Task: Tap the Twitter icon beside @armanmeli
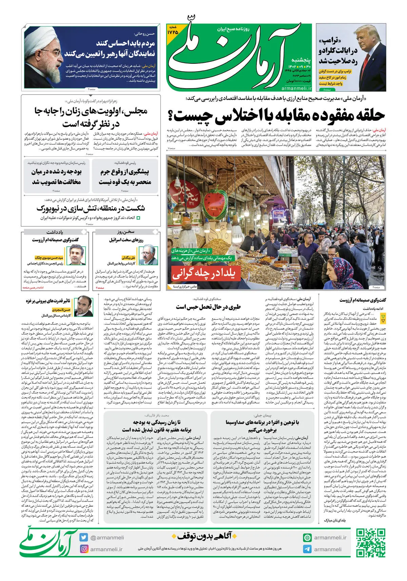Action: pos(84,537)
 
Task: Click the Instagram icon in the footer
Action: pos(84,549)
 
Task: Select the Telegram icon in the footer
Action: pos(307,549)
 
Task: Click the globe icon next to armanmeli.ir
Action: pos(307,538)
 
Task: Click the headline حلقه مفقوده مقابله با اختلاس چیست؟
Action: pos(276,116)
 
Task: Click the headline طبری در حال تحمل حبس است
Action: pos(208,307)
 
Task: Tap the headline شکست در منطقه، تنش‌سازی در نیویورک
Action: pos(91,208)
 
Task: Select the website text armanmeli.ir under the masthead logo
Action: pos(296,88)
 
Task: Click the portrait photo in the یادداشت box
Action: pos(76,255)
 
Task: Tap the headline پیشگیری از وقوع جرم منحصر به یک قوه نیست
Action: pos(124,177)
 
